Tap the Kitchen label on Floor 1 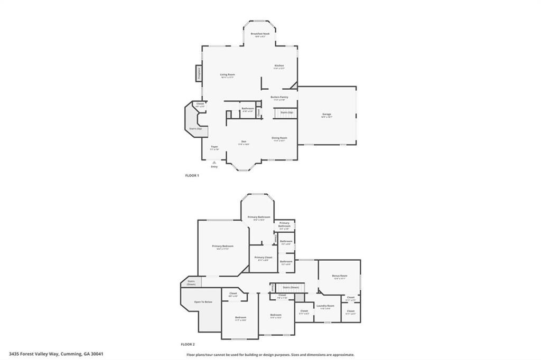279,65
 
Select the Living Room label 228,75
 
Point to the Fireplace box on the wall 199,73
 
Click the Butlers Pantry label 279,97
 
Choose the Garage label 327,114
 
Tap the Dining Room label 279,138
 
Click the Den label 244,141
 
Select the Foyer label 214,146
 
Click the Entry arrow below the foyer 214,163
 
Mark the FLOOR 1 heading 191,175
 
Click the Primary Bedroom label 222,246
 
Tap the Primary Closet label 263,257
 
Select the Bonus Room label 339,276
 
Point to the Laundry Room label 325,306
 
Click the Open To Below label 203,302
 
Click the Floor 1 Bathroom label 248,108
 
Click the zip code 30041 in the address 97,354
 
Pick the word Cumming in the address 70,354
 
